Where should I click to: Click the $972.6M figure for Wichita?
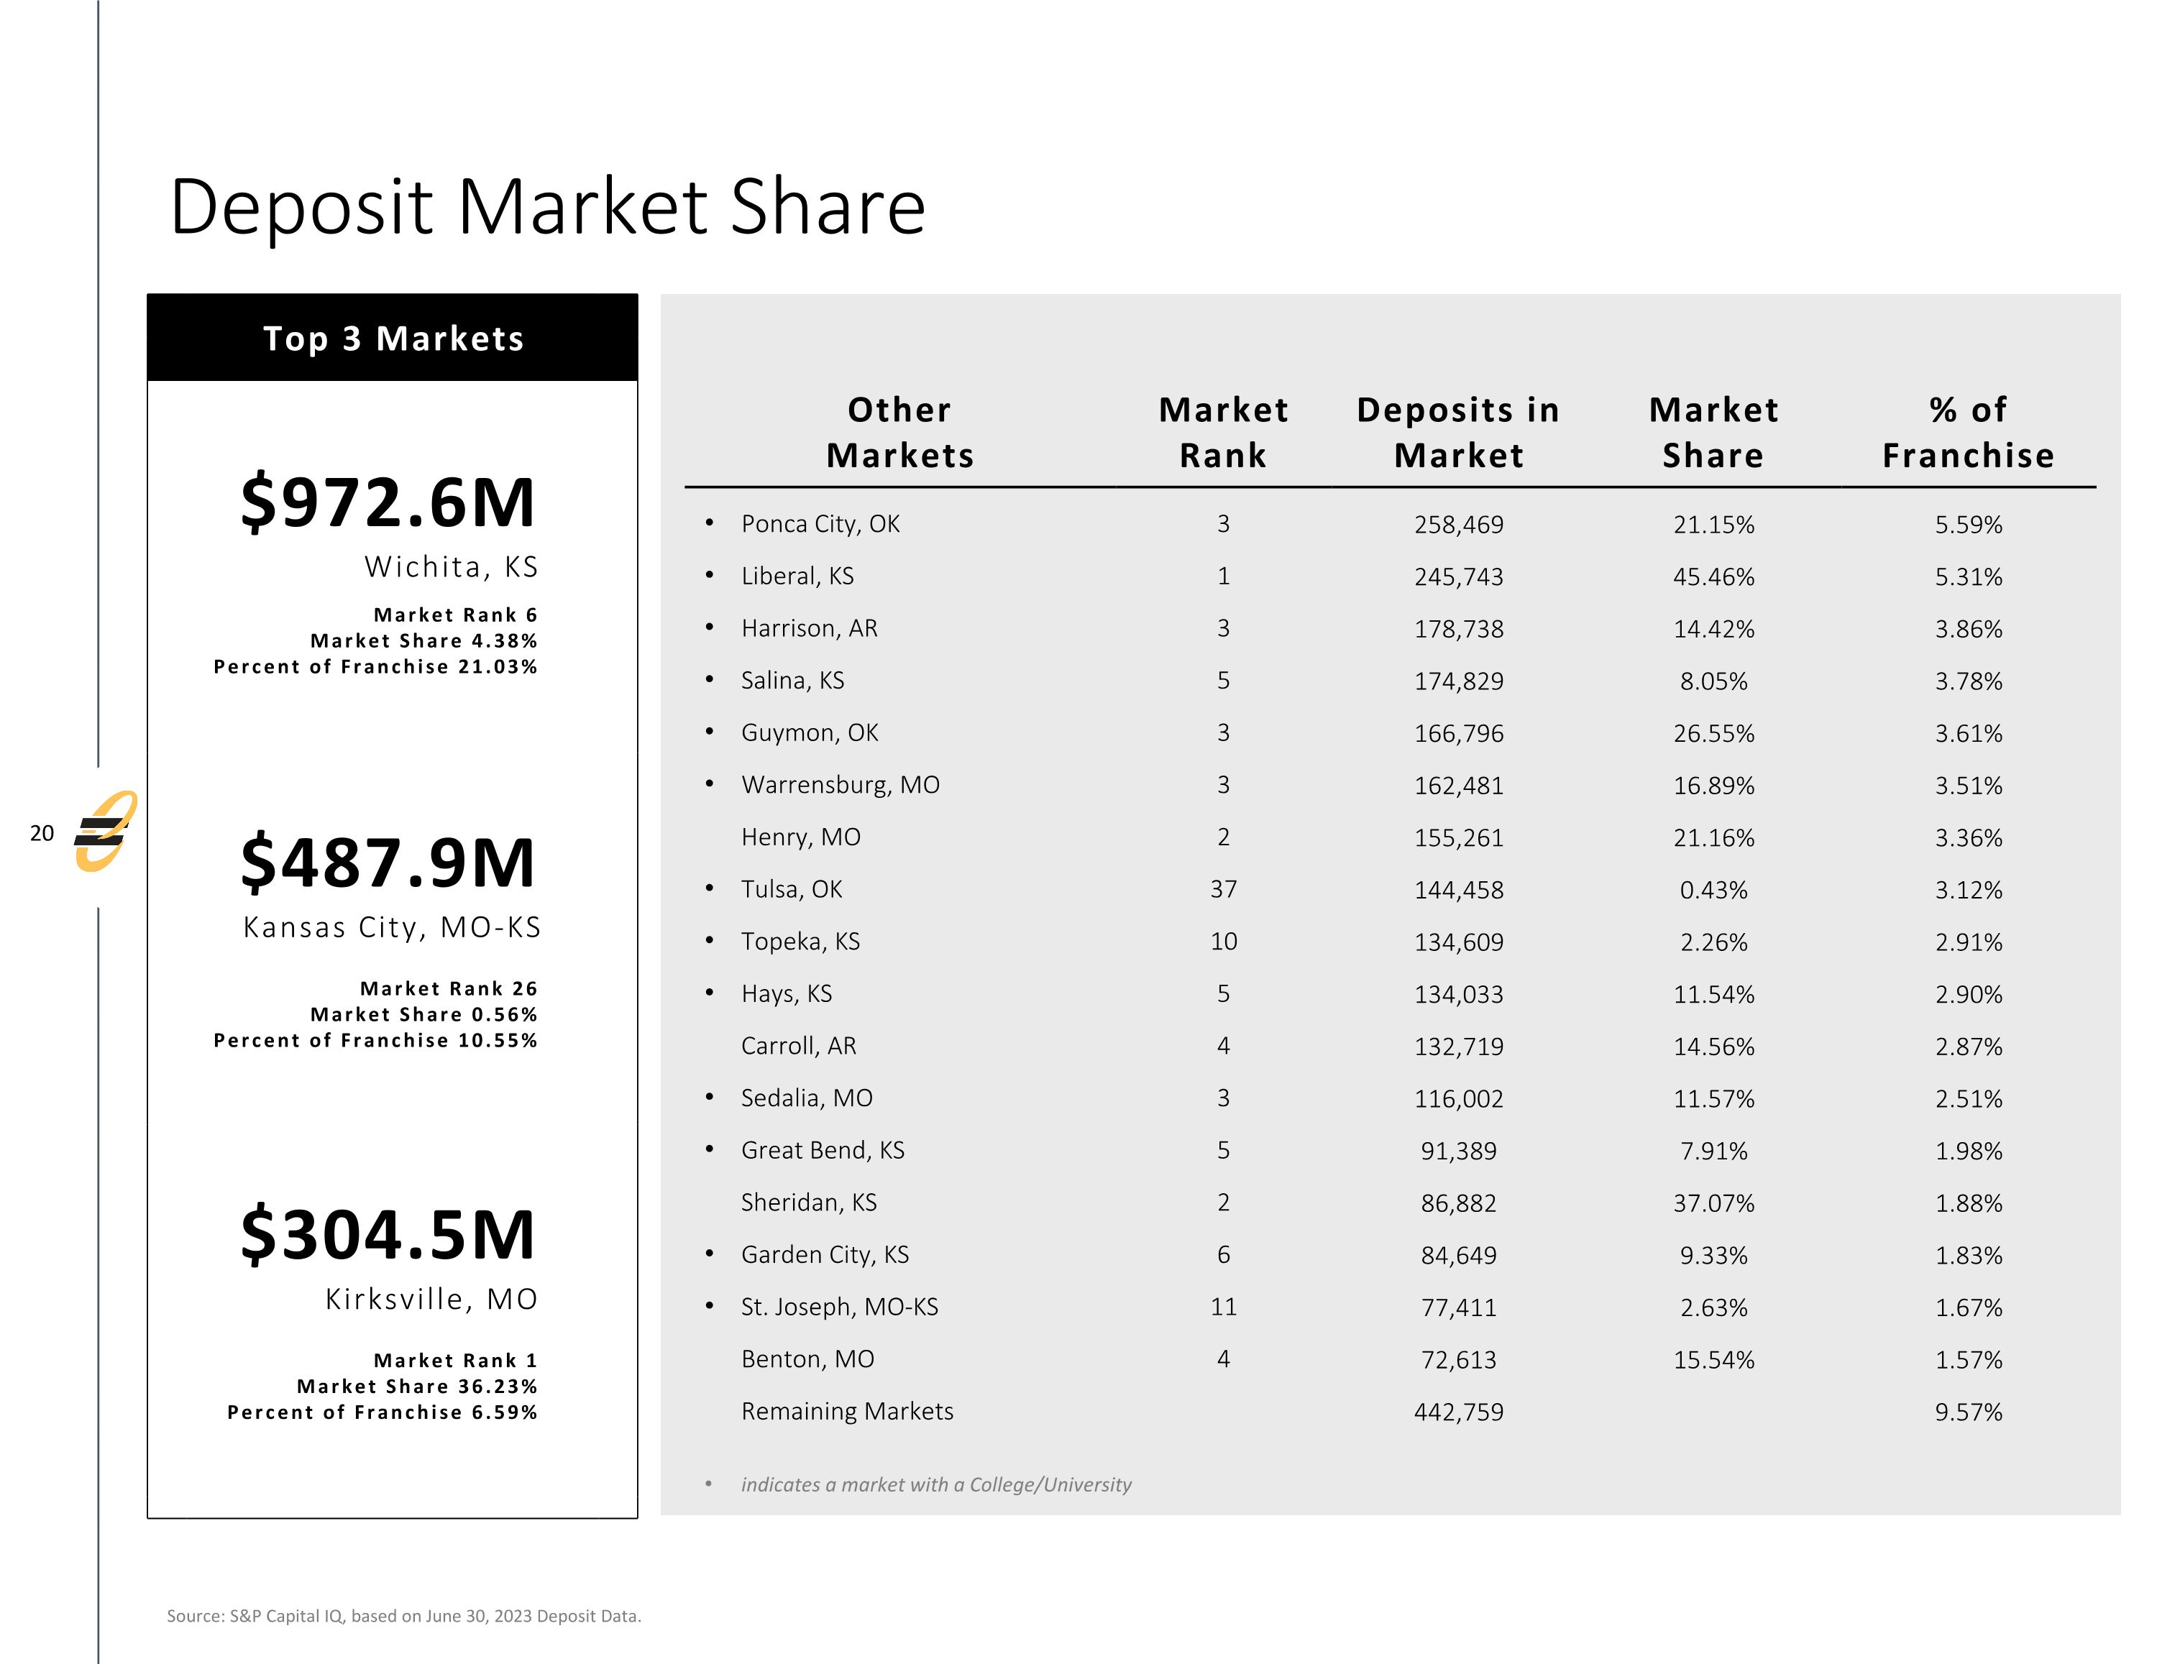[387, 502]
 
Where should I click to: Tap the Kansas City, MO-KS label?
[392, 927]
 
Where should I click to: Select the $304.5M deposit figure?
[387, 1234]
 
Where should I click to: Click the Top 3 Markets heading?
[393, 339]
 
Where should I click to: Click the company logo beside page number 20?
[105, 832]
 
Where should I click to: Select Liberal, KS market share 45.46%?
[1713, 576]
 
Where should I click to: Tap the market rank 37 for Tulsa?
[1223, 890]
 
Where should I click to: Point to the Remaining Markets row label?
[848, 1411]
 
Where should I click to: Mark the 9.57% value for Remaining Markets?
[1967, 1412]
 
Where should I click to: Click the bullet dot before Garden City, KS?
[709, 1254]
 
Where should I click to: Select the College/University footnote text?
[935, 1484]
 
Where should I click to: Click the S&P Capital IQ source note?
[404, 1616]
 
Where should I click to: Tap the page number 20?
[42, 834]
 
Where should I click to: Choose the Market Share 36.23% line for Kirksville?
[417, 1387]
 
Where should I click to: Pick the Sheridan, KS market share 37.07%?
[1713, 1203]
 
